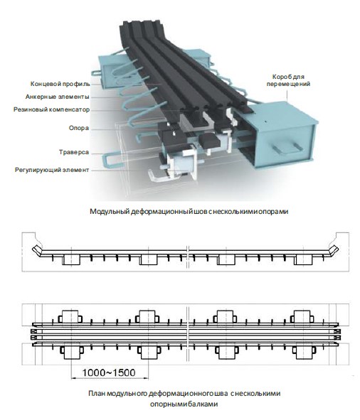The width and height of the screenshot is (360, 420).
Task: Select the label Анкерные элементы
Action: (x=62, y=97)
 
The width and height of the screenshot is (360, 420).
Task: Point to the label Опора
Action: (x=78, y=130)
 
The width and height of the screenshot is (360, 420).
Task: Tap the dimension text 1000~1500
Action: (x=109, y=371)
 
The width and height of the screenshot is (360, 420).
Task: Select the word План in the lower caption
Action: (x=97, y=393)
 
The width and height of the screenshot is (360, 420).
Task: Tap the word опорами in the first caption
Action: (x=272, y=211)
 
